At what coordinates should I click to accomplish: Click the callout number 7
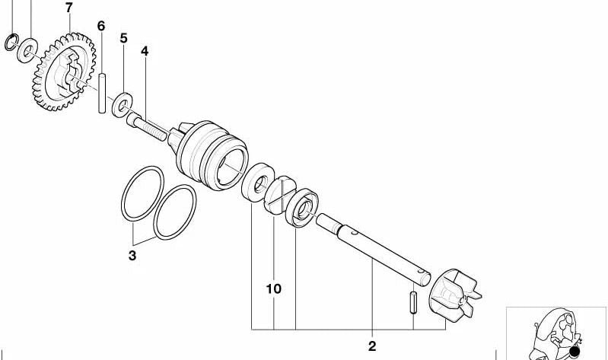(69, 8)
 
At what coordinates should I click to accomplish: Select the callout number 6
(101, 26)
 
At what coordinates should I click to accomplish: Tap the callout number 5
(124, 37)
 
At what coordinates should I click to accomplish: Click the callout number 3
(132, 256)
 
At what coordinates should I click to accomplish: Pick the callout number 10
(274, 289)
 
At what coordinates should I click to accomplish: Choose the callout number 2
(372, 346)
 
